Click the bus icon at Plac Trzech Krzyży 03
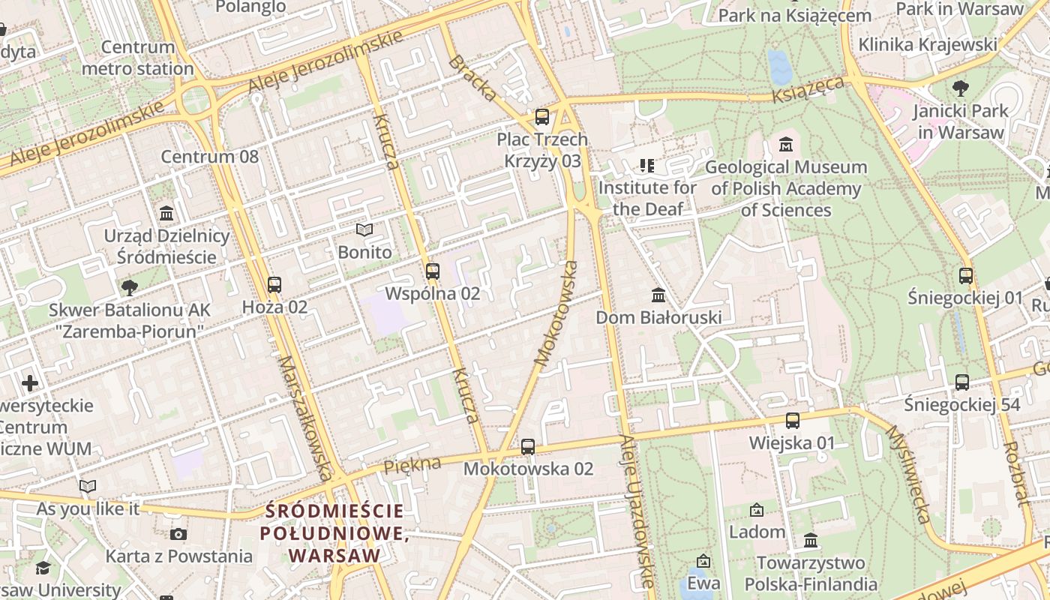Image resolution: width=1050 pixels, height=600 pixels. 541,117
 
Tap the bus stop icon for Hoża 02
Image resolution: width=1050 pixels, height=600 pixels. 274,285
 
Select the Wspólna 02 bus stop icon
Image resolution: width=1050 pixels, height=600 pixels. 432,271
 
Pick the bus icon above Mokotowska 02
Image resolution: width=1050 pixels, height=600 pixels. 528,447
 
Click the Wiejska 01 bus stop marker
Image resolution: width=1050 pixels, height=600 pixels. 792,421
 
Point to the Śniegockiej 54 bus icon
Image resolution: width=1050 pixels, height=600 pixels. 962,382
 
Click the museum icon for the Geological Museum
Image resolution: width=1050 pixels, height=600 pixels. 786,144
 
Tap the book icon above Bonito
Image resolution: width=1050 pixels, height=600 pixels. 364,229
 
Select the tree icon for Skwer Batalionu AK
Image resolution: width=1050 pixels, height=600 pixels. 129,287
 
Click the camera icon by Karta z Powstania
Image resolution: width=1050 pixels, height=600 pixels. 178,534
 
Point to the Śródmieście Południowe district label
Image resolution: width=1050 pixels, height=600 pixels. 334,533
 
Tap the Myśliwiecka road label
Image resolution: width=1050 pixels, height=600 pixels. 908,474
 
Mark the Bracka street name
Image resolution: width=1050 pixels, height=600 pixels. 472,77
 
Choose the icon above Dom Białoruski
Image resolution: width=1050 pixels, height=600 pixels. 658,295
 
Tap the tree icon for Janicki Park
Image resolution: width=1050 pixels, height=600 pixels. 960,88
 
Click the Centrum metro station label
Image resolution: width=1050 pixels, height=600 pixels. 138,58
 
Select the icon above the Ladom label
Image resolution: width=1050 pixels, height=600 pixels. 757,510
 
